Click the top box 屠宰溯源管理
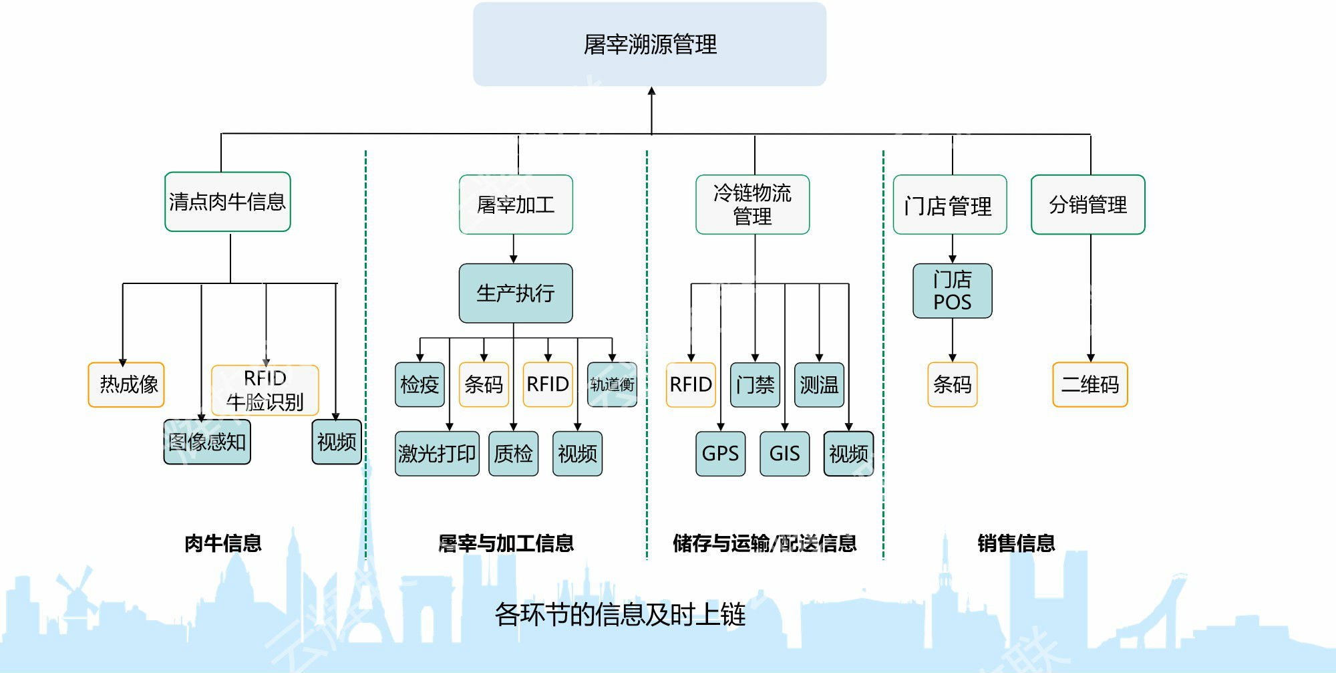pyautogui.click(x=649, y=44)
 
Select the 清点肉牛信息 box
pyautogui.click(x=227, y=202)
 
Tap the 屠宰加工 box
pyautogui.click(x=516, y=205)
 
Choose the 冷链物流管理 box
pyautogui.click(x=752, y=205)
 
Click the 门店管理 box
pyautogui.click(x=949, y=205)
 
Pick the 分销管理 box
pyautogui.click(x=1088, y=205)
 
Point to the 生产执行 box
pyautogui.click(x=515, y=293)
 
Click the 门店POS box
pyautogui.click(x=952, y=291)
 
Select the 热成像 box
pyautogui.click(x=126, y=384)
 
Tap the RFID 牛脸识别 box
pyautogui.click(x=265, y=390)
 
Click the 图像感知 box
pyautogui.click(x=207, y=442)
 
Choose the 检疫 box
pyautogui.click(x=420, y=384)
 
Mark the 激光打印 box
pyautogui.click(x=437, y=454)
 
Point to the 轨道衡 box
pyautogui.click(x=612, y=384)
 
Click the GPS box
pyautogui.click(x=720, y=454)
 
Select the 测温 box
pyautogui.click(x=819, y=384)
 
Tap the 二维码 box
pyautogui.click(x=1090, y=384)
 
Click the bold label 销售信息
pyautogui.click(x=1016, y=543)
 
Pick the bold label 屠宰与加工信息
pyautogui.click(x=506, y=543)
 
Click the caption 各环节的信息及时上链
pyautogui.click(x=619, y=614)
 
